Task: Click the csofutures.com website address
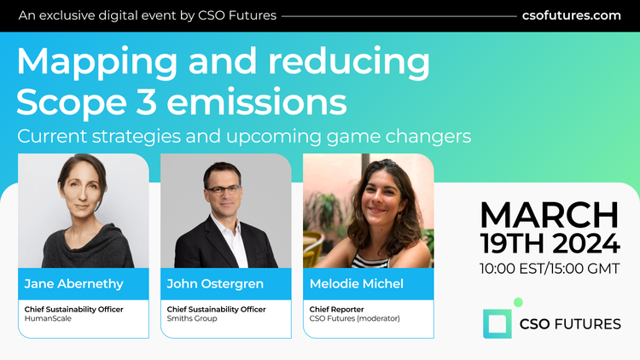click(x=571, y=15)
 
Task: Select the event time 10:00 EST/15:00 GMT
click(x=549, y=269)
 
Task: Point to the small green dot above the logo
click(x=518, y=302)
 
